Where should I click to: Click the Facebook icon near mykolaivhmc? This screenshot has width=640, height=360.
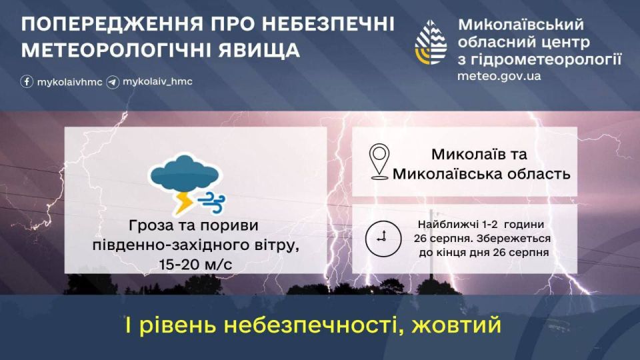coord(27,82)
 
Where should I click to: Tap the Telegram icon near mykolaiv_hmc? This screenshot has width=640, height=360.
coord(113,82)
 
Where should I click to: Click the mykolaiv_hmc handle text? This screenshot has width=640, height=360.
coord(157,82)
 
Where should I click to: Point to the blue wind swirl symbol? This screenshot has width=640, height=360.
coord(215,198)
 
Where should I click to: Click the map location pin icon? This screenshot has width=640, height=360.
coord(379,161)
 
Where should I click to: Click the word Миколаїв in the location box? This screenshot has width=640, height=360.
coord(461,155)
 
